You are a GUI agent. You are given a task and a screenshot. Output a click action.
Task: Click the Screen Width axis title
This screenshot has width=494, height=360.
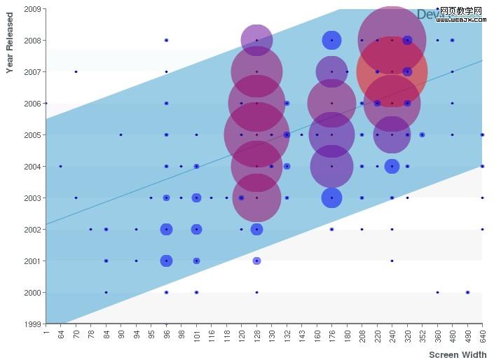coord(458,355)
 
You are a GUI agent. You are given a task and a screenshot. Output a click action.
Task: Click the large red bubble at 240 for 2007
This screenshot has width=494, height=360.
coord(392,71)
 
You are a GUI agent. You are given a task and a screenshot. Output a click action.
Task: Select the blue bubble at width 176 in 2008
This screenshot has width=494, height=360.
coord(332,41)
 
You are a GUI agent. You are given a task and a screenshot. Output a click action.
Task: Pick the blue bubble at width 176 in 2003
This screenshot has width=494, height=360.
coord(332,198)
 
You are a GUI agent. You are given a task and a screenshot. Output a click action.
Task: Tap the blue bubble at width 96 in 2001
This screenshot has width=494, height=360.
coord(166,261)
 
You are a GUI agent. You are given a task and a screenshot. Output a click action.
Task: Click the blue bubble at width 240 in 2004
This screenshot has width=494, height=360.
coord(392,166)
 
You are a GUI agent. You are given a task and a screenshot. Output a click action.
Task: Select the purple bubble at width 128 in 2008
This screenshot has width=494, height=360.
coord(257,41)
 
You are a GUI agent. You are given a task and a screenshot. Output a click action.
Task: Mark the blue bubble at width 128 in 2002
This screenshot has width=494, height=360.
coord(257,229)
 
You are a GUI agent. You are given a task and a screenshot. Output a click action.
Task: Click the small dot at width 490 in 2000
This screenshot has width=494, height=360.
coord(467,292)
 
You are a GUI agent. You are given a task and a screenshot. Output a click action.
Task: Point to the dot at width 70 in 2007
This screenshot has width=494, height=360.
coord(76,71)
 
